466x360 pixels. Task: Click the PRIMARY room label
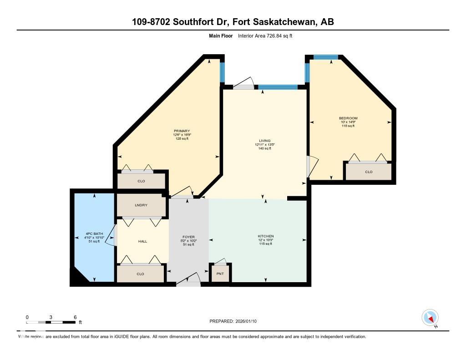pos(182,131)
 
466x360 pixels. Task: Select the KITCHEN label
pos(265,236)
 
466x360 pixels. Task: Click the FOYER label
pos(188,237)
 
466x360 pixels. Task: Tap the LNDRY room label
pos(141,205)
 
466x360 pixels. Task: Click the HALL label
pos(142,241)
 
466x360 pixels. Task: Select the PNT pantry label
pos(220,274)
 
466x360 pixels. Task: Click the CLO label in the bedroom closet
pos(369,172)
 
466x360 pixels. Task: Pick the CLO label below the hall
pos(140,274)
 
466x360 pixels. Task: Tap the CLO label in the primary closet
pos(141,181)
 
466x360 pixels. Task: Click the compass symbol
pos(430,317)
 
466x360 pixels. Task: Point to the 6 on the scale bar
pos(75,317)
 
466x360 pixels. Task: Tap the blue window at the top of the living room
pos(278,87)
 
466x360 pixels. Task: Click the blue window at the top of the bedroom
pos(326,57)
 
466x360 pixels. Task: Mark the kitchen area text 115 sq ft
pos(265,244)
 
